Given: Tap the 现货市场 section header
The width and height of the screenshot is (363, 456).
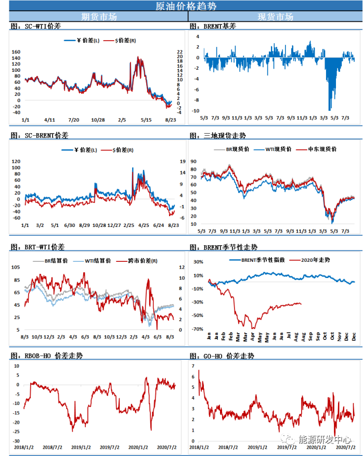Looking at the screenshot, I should coord(275,17).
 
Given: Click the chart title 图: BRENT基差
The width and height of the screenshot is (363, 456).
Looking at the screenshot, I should coord(213,26).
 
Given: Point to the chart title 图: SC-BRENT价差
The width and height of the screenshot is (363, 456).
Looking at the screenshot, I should coord(40,135).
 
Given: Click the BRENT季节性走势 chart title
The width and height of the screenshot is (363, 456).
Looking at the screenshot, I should coord(223,247).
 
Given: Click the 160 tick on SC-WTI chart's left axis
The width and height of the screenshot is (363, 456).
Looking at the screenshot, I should coord(16,52).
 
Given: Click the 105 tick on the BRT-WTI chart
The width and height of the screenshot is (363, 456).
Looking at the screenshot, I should coord(16,267).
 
